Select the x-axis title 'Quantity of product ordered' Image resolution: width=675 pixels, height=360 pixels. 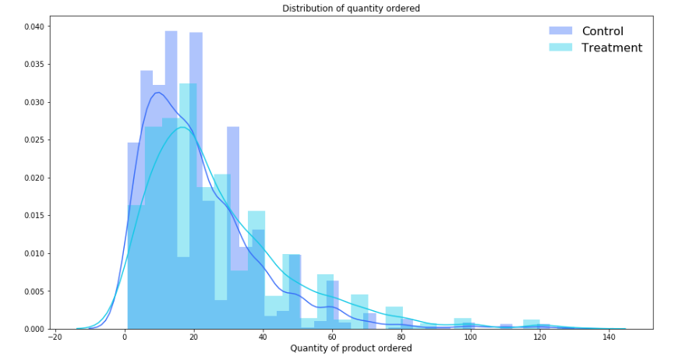351,348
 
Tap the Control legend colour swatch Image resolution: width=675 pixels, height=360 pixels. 560,31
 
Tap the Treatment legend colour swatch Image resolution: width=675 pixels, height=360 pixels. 560,48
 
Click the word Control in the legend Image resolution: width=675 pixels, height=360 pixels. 603,31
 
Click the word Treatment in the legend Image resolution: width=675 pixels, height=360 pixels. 612,48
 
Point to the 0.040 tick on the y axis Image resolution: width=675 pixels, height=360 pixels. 33,26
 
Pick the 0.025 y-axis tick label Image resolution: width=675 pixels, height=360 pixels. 33,140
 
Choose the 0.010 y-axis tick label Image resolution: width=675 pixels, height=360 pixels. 33,254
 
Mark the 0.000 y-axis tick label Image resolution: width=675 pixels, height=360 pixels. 33,330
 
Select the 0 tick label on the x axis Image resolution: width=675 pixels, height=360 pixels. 125,337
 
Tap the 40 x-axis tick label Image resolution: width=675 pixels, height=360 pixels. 263,337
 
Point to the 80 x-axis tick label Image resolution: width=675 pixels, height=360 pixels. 401,337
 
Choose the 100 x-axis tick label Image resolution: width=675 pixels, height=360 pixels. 469,337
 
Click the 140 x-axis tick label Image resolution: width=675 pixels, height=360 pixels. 607,337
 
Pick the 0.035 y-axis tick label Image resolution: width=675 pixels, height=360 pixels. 33,65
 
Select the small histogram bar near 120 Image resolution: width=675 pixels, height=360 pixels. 532,325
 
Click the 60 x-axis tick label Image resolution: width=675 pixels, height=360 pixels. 332,337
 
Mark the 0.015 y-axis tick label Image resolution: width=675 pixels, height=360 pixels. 33,216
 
